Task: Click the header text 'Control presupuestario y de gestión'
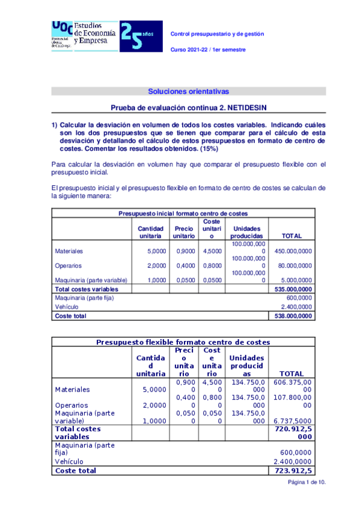218,34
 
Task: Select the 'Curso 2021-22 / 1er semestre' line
209,49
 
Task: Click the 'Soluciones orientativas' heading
188,91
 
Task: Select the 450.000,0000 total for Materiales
293,251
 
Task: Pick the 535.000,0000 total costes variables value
293,289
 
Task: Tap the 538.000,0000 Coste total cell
293,315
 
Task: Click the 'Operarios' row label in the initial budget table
69,265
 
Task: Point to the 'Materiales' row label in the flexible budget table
73,389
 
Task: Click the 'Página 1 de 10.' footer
307,482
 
